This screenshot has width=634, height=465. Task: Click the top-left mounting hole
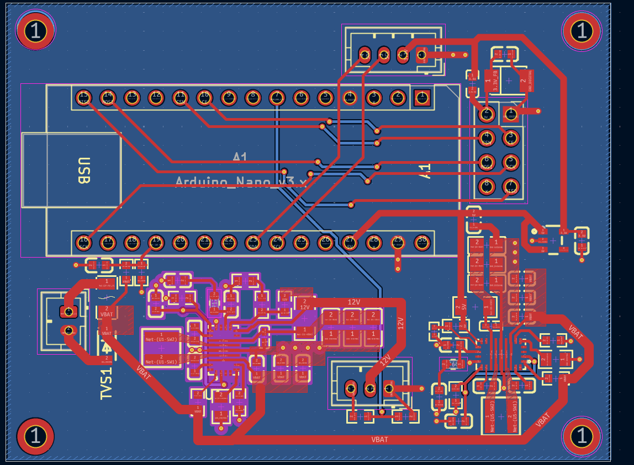click(x=35, y=31)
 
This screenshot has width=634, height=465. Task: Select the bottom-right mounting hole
click(x=581, y=436)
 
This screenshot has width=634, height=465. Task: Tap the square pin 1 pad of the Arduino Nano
click(x=422, y=98)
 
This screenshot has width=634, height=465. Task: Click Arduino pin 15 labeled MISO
click(x=83, y=98)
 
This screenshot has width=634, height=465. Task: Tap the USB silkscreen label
click(x=83, y=170)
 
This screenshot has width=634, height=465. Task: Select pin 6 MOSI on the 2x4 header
click(x=486, y=162)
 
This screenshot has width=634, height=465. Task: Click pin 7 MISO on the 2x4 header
click(x=511, y=186)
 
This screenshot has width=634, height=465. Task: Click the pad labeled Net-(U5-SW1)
click(x=512, y=415)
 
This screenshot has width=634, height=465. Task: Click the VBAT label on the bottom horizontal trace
click(x=379, y=440)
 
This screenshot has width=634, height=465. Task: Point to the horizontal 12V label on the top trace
click(x=353, y=302)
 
